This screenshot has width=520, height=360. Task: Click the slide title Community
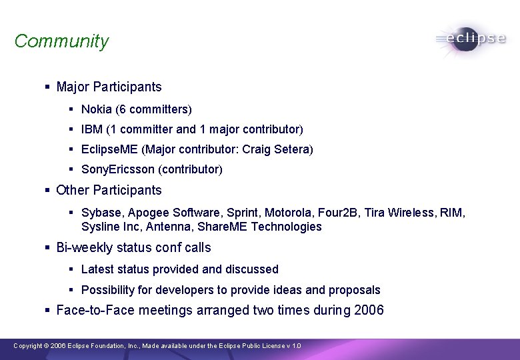coord(61,41)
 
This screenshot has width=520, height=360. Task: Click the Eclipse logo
coord(471,39)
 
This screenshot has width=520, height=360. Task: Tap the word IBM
coord(91,129)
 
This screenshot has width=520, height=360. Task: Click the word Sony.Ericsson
coord(117,169)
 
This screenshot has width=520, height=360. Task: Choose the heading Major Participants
coord(109,87)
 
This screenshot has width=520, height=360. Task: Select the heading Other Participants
coord(109,190)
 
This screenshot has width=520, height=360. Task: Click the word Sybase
coord(101,213)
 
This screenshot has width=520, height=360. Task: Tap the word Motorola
coord(289,213)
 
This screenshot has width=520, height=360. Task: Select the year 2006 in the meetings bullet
coord(368,310)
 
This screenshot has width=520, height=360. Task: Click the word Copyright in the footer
coord(27,346)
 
